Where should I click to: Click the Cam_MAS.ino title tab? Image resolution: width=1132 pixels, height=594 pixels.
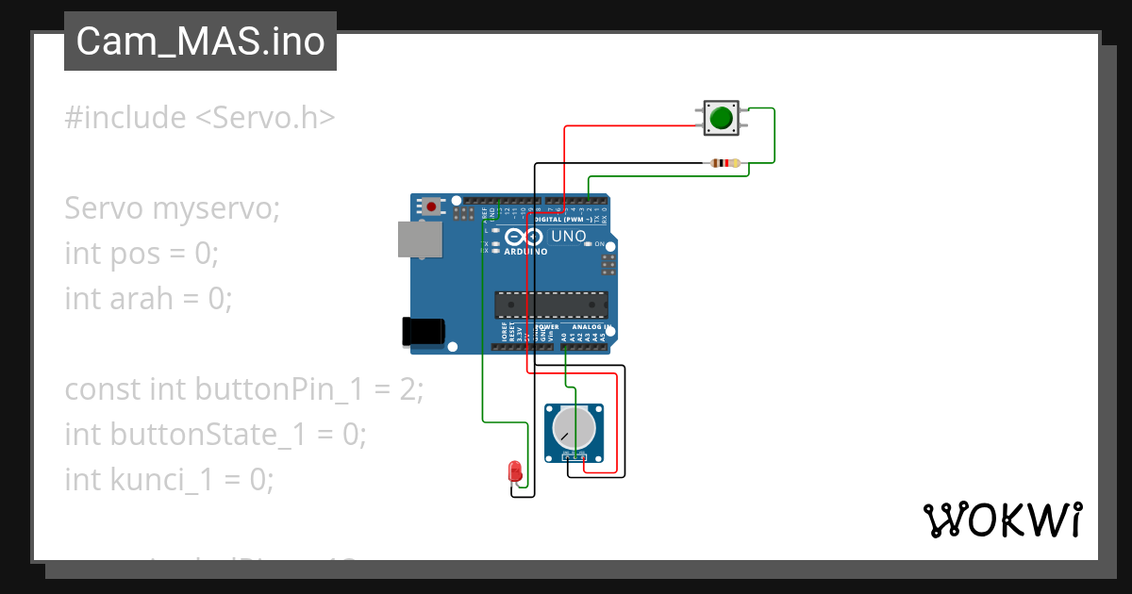point(200,41)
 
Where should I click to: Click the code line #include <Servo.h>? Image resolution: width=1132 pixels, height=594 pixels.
point(200,118)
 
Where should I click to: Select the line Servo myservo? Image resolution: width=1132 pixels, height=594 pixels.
point(172,208)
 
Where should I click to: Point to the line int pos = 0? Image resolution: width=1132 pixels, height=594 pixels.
point(141,254)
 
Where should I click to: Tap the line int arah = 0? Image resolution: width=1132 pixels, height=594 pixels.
point(148,299)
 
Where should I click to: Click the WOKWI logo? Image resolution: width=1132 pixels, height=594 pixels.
point(1002,520)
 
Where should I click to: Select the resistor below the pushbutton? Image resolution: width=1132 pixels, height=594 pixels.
point(724,163)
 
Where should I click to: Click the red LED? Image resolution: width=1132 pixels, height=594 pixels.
point(515,470)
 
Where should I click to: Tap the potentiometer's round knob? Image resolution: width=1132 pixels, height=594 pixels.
point(574,428)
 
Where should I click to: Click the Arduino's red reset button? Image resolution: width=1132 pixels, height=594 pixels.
point(431,206)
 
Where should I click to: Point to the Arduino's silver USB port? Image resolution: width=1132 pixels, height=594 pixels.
point(419,239)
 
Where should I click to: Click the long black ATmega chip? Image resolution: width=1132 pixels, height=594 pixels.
point(552,305)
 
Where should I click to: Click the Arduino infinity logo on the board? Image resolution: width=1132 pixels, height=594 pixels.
point(525,237)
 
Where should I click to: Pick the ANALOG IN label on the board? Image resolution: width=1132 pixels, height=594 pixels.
point(592,327)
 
